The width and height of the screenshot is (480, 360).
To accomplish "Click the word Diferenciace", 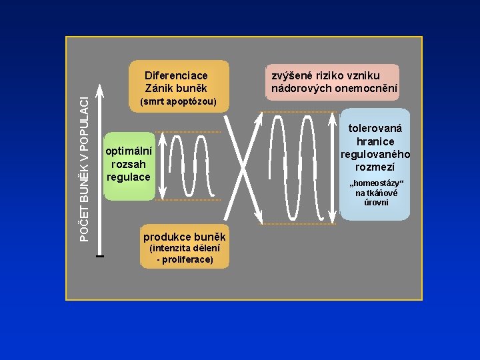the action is pyautogui.click(x=176, y=75).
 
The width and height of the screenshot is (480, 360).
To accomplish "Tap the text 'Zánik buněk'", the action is pyautogui.click(x=176, y=88).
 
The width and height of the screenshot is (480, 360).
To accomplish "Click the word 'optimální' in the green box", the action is pyautogui.click(x=129, y=152).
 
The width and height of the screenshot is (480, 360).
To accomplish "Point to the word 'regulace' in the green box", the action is pyautogui.click(x=129, y=177).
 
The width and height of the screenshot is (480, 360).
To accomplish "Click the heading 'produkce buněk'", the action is pyautogui.click(x=185, y=237).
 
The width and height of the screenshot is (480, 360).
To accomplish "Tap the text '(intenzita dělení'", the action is pyautogui.click(x=185, y=249).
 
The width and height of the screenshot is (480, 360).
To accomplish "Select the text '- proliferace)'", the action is pyautogui.click(x=185, y=259).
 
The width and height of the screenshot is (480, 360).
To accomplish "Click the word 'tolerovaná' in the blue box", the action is pyautogui.click(x=375, y=129).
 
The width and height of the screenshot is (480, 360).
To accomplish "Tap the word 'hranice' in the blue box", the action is pyautogui.click(x=375, y=141).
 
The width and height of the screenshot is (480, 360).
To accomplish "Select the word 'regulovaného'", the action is pyautogui.click(x=375, y=154).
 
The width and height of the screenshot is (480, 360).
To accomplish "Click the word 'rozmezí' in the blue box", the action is pyautogui.click(x=375, y=167).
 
